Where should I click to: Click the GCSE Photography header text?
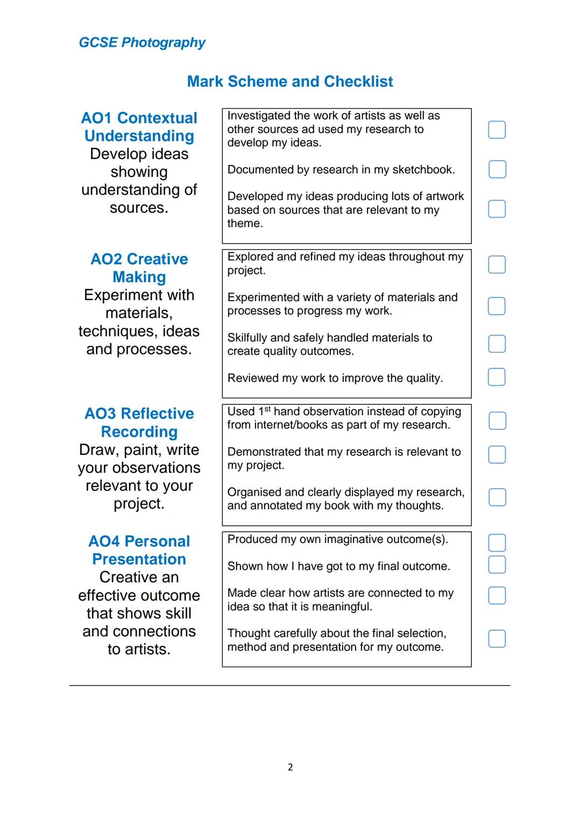pyautogui.click(x=142, y=42)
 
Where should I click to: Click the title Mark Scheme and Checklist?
pyautogui.click(x=290, y=82)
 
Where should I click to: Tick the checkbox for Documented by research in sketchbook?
pyautogui.click(x=497, y=169)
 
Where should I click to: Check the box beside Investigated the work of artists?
pyautogui.click(x=497, y=130)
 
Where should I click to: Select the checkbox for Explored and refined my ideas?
pyautogui.click(x=497, y=265)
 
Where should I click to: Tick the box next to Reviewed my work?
pyautogui.click(x=497, y=377)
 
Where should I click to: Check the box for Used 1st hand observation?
pyautogui.click(x=497, y=421)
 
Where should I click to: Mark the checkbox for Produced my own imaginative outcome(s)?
pyautogui.click(x=497, y=542)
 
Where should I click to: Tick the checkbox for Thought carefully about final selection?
pyautogui.click(x=497, y=639)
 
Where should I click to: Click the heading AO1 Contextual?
pyautogui.click(x=139, y=118)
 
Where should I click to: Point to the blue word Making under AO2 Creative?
pyautogui.click(x=139, y=277)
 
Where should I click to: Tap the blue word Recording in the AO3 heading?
pyautogui.click(x=139, y=432)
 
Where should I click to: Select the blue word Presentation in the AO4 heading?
pyautogui.click(x=139, y=560)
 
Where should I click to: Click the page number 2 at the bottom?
pyautogui.click(x=290, y=767)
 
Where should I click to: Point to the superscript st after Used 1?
pyautogui.click(x=268, y=409)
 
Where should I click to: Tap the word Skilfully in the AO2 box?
pyautogui.click(x=247, y=338)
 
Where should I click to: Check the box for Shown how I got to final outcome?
pyautogui.click(x=497, y=565)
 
